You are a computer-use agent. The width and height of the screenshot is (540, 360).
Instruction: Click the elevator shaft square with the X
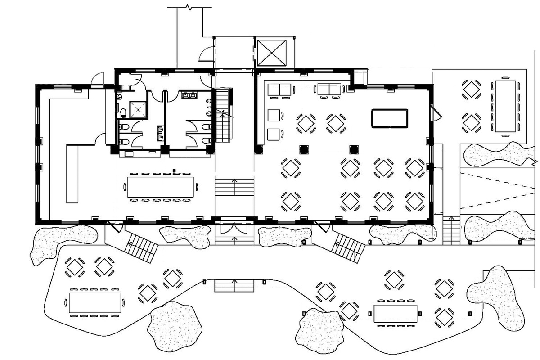pos(271,53)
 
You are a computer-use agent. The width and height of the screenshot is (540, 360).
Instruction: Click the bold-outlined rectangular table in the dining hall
pos(389,118)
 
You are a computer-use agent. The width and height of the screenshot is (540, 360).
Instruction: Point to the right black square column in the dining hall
pos(353,148)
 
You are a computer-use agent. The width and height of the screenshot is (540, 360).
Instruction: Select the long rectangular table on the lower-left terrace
pos(95,302)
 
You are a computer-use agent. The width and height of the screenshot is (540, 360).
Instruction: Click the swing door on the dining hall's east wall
pos(435,113)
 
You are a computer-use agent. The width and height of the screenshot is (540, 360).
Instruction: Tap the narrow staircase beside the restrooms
pos(224,115)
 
